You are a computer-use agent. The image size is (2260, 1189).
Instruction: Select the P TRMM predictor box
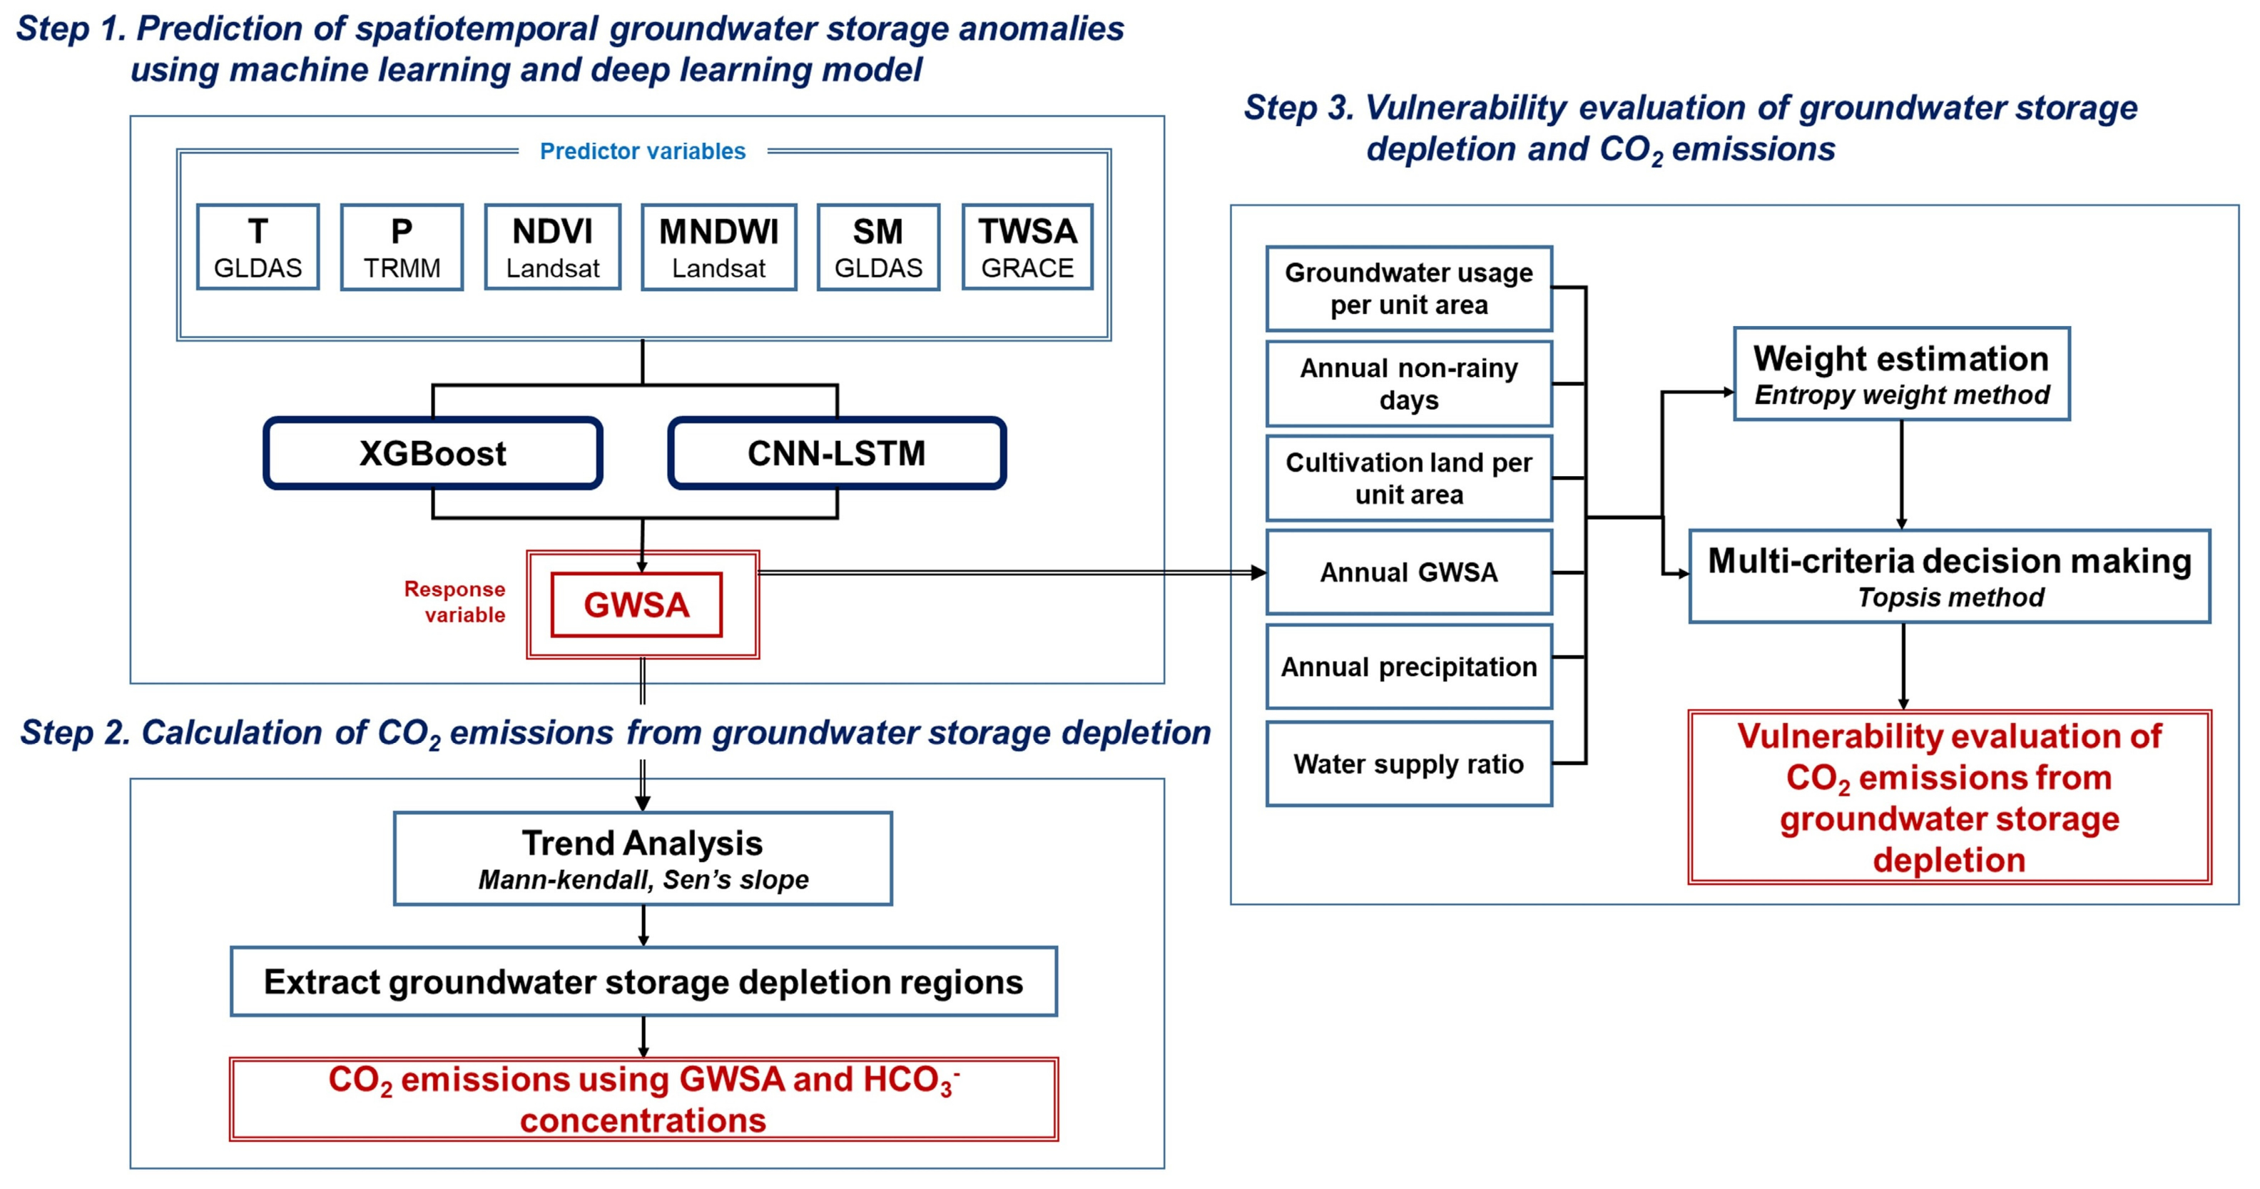[x=402, y=248]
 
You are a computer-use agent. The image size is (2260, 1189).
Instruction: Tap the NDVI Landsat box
[x=553, y=248]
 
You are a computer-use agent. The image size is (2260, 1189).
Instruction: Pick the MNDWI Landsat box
[x=718, y=248]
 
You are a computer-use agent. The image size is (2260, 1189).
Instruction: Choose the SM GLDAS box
[x=878, y=248]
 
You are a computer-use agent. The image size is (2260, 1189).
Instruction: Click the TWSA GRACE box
[x=1027, y=248]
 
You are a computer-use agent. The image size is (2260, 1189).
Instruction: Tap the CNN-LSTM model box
[x=836, y=452]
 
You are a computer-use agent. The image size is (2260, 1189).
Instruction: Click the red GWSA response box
[x=637, y=604]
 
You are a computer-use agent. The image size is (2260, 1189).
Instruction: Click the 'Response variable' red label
[x=455, y=601]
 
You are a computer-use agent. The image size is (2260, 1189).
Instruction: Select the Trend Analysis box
[x=642, y=858]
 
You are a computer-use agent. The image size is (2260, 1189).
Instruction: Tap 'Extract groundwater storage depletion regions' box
[x=643, y=981]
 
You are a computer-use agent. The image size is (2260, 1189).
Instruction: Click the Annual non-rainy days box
[x=1409, y=383]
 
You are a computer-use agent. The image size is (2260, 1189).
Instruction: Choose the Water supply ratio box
[x=1409, y=764]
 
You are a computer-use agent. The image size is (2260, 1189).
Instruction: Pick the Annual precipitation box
[x=1409, y=667]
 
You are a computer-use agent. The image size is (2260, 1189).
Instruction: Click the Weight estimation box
[x=1901, y=375]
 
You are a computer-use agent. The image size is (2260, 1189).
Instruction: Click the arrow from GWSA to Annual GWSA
[x=1009, y=572]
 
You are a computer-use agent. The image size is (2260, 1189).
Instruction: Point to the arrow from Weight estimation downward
[x=1901, y=474]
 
